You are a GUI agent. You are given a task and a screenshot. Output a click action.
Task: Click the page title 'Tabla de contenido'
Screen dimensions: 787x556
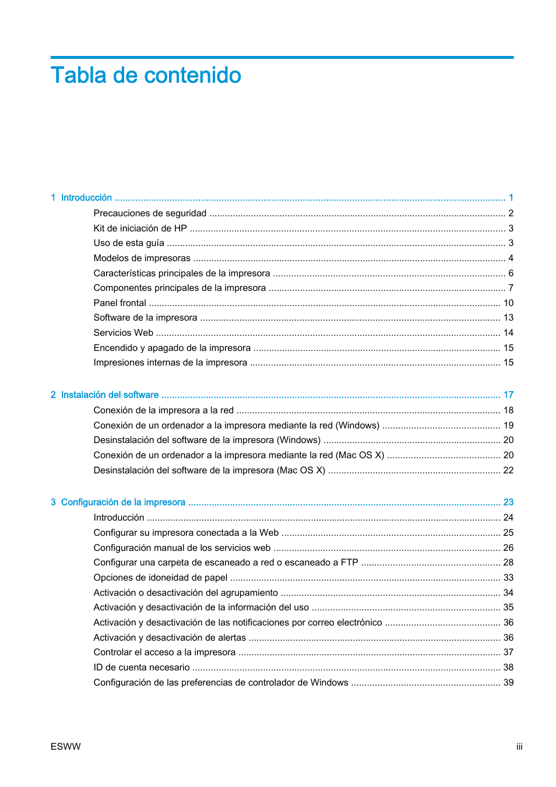(x=146, y=75)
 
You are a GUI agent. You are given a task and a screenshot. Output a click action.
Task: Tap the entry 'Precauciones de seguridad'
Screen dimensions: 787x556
(x=150, y=213)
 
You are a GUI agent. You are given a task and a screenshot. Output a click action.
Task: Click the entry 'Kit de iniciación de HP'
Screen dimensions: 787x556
(x=140, y=229)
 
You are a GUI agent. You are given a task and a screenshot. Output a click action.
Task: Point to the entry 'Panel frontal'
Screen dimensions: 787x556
(x=119, y=303)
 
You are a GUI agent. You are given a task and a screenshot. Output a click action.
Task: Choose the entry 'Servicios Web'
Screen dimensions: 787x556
(x=123, y=333)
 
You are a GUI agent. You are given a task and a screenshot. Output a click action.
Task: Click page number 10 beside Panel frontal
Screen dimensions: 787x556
(x=508, y=303)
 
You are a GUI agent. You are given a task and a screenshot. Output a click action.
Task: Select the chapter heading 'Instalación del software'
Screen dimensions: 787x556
(x=110, y=395)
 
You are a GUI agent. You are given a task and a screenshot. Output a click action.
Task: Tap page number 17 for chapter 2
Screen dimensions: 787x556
(x=508, y=395)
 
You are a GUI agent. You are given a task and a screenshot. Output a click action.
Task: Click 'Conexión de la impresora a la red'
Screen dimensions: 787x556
(x=163, y=410)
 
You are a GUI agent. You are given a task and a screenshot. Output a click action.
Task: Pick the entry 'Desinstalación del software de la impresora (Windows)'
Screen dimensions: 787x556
(x=207, y=440)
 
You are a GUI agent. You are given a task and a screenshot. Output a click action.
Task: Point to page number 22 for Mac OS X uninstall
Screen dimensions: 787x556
(x=508, y=470)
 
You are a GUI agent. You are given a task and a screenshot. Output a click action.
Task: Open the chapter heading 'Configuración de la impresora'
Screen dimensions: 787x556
(x=123, y=502)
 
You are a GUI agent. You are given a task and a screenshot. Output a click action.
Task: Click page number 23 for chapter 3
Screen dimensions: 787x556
(x=508, y=502)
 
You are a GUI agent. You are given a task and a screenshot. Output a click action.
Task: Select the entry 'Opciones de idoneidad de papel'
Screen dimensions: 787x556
(x=160, y=578)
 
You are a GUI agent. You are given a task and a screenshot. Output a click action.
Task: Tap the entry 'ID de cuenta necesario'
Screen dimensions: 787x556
(x=142, y=667)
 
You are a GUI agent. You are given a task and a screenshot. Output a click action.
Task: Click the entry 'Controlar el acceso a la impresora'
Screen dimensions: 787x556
(x=164, y=652)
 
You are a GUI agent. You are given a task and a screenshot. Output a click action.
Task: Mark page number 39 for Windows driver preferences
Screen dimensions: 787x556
(x=508, y=683)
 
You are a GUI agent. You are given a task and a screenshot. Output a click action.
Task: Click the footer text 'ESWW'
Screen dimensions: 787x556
(x=65, y=747)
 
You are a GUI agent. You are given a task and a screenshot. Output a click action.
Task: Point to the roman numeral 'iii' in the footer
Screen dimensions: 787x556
(x=519, y=747)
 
